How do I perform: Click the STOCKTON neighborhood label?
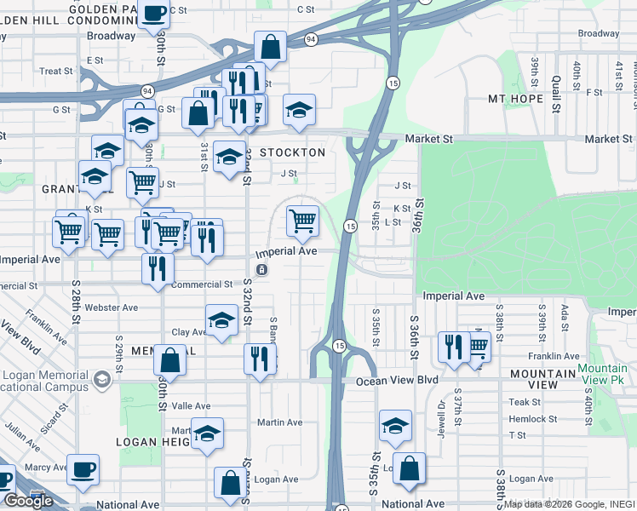tap(292, 152)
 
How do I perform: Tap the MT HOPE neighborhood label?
tap(515, 99)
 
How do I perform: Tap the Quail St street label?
tap(555, 93)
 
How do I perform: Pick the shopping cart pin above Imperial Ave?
tap(303, 221)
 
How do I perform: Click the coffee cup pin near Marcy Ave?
tap(83, 469)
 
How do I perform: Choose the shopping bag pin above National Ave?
tap(410, 469)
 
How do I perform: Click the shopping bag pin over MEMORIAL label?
tap(170, 360)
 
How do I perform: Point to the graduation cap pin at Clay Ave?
tap(221, 321)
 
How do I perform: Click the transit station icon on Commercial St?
tap(261, 270)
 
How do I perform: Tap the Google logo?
tap(28, 501)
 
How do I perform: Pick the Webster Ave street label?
tap(118, 307)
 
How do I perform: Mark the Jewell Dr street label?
tap(440, 411)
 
